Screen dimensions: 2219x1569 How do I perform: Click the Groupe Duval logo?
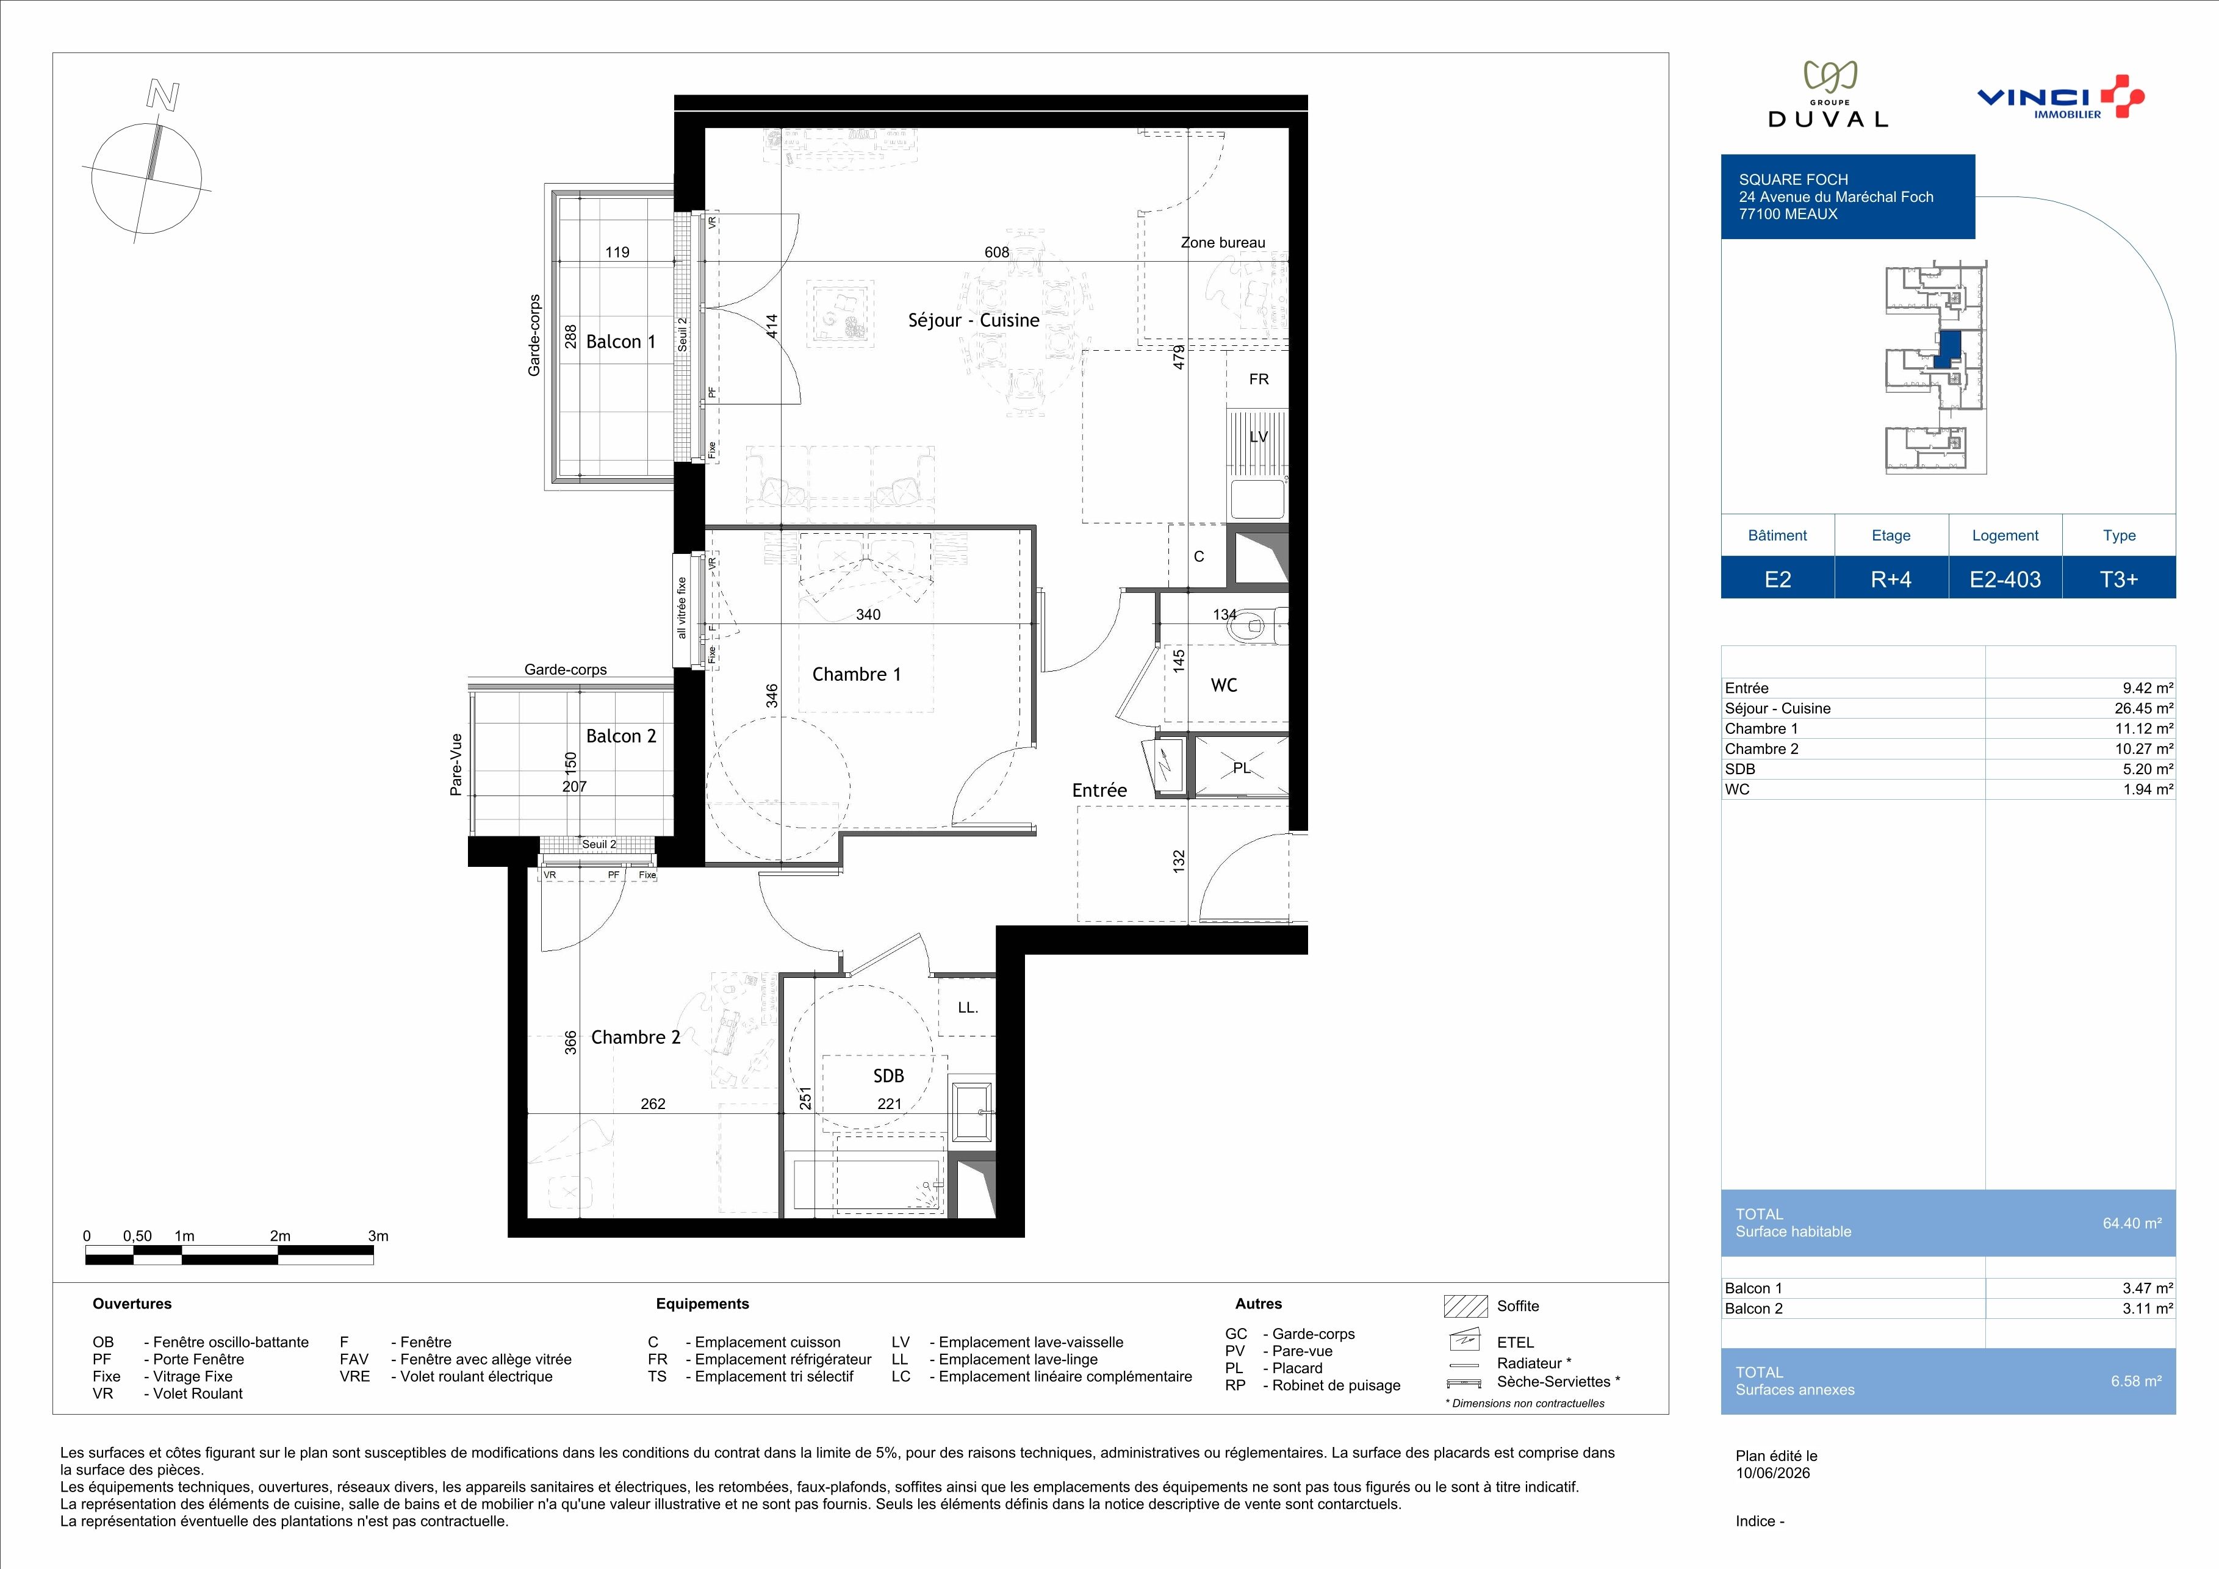(1827, 95)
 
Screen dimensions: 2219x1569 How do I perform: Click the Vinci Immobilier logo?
(2060, 98)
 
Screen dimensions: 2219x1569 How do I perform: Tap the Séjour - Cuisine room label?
(973, 320)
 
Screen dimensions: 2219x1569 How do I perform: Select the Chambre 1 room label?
(856, 674)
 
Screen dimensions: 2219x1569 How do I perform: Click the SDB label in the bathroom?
(888, 1075)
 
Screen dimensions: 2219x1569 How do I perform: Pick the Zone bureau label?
(1223, 243)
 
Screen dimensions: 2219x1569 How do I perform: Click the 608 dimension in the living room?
(996, 252)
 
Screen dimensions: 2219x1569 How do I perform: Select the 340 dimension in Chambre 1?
(868, 614)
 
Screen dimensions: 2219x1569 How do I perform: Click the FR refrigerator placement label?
(1258, 379)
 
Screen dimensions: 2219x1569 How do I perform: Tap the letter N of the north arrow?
(162, 95)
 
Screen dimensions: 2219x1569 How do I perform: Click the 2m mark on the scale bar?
(280, 1236)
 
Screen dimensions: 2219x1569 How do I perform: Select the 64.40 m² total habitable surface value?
(2132, 1223)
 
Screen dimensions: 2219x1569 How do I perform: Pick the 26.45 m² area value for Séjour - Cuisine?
(2143, 708)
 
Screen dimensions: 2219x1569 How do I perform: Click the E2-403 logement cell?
(2005, 579)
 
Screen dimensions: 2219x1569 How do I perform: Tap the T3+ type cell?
(2120, 579)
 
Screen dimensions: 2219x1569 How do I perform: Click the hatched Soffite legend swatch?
(1465, 1306)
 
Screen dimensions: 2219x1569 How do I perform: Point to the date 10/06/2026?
(1772, 1473)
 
